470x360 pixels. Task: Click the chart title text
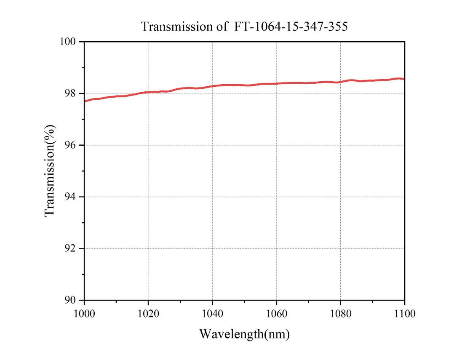coord(244,27)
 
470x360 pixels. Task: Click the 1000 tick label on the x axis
coord(84,314)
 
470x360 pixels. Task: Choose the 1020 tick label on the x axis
coord(148,314)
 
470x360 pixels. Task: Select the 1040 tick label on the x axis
coord(212,314)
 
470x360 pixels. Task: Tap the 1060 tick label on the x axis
coord(276,314)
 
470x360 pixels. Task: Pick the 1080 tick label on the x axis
coord(340,314)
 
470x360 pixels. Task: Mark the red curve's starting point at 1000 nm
coord(85,101)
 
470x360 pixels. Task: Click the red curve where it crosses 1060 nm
coord(276,83)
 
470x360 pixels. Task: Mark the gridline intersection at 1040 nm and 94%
coord(212,197)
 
